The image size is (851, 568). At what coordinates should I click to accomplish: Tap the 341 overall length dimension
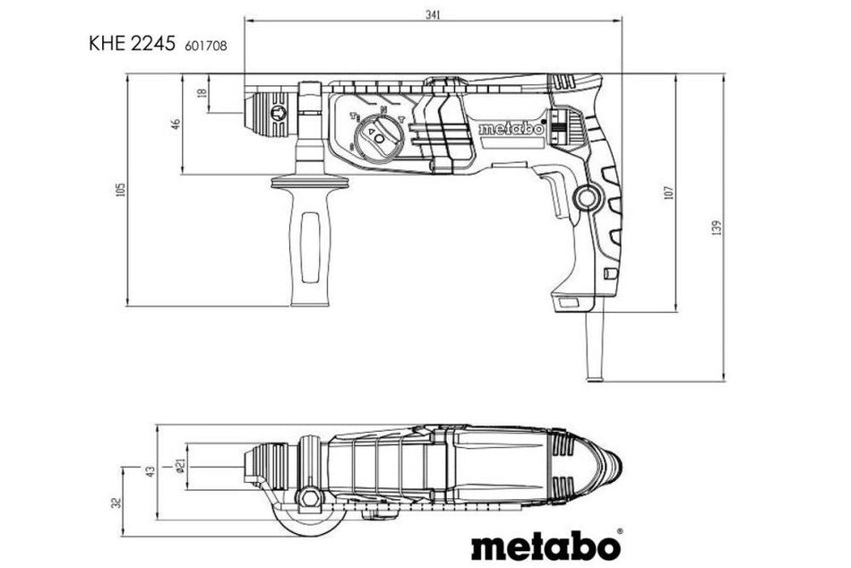point(433,13)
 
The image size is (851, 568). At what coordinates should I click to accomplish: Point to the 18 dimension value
point(202,92)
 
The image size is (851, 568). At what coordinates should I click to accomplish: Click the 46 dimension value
point(176,124)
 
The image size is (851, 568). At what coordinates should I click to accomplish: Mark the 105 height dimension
point(121,190)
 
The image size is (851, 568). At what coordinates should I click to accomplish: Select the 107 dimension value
point(667,193)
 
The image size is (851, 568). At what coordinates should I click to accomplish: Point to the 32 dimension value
point(116,503)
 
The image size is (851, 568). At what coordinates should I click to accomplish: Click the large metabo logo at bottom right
point(546,544)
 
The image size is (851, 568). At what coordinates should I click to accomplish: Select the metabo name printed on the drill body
point(511,129)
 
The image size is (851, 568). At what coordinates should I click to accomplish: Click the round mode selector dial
point(377,138)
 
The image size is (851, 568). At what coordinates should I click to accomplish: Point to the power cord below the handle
point(596,345)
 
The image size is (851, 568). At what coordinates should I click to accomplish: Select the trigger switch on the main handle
point(556,195)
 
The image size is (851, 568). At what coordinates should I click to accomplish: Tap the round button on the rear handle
point(588,198)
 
